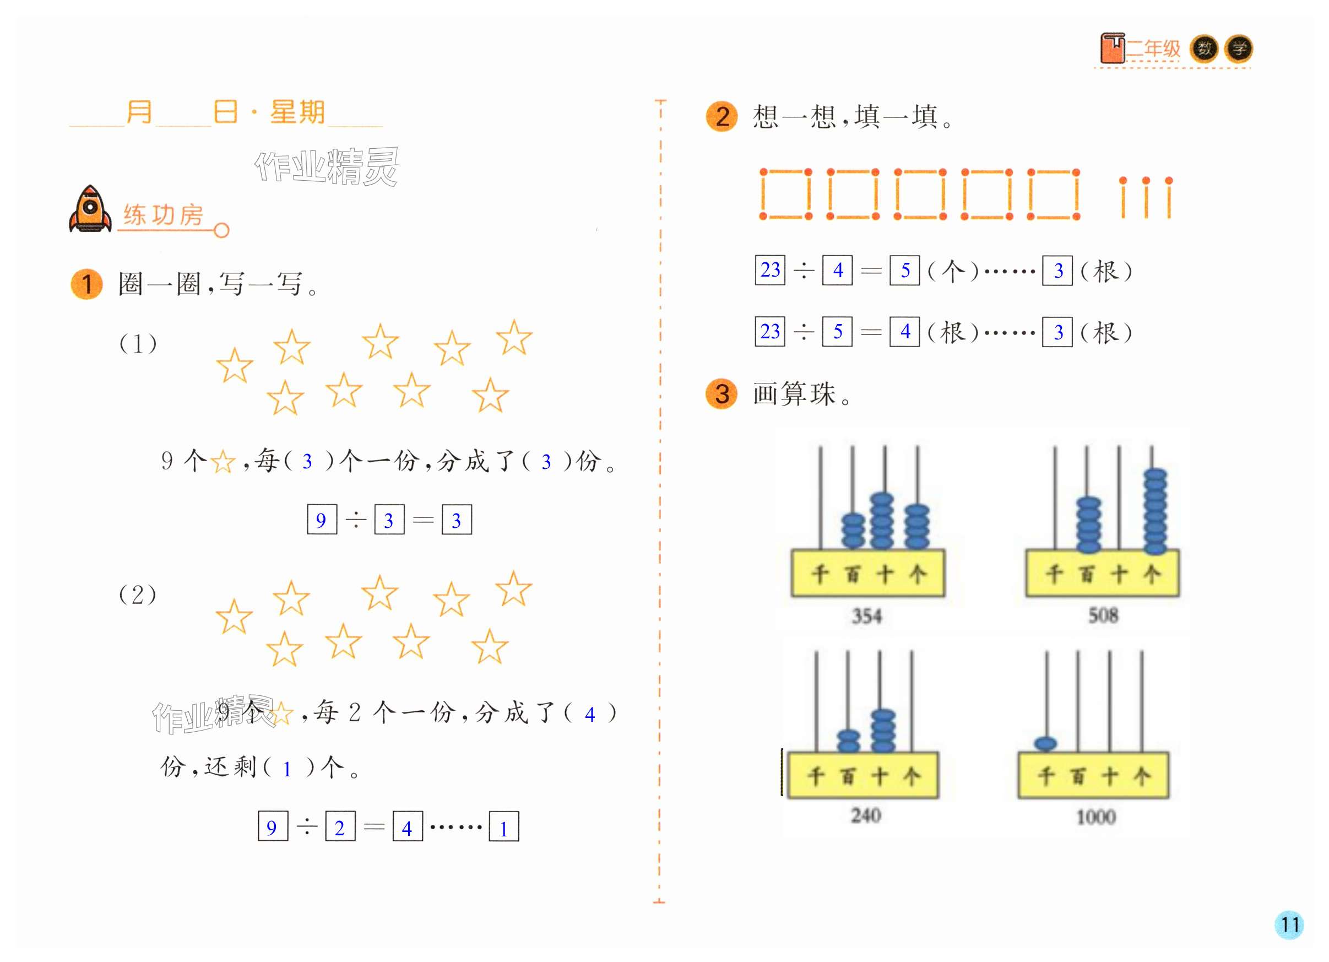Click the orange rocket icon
[90, 210]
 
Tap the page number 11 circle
[1289, 925]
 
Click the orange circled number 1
[86, 284]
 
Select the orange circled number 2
[722, 117]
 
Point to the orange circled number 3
[722, 393]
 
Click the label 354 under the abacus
[867, 616]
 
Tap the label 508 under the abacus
[1103, 615]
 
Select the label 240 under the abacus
[865, 815]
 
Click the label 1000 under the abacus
[1096, 817]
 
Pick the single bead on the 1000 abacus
[1046, 744]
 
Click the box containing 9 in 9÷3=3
[322, 520]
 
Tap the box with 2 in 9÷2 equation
[340, 827]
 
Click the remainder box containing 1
[504, 827]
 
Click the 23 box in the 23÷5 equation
[770, 332]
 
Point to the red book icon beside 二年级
[1112, 48]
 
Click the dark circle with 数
[1204, 48]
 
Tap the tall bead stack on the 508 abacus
[1155, 511]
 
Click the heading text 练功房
[164, 215]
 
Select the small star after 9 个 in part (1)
[223, 462]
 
